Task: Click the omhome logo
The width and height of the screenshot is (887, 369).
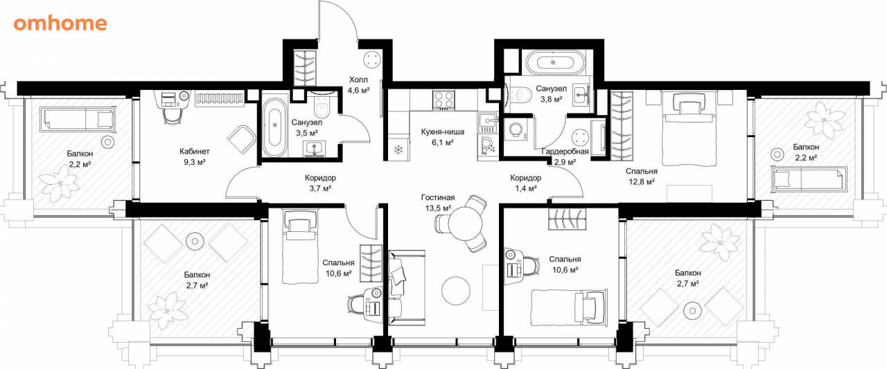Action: click(60, 24)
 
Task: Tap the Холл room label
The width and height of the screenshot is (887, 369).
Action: click(358, 80)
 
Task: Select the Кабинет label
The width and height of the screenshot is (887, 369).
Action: click(195, 151)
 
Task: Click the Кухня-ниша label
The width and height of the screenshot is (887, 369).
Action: click(443, 132)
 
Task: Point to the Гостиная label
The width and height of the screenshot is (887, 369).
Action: click(438, 197)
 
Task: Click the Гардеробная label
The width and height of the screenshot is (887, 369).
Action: click(565, 152)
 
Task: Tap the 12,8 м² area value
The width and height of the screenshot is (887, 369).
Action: click(642, 182)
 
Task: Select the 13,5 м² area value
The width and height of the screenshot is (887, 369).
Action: click(439, 208)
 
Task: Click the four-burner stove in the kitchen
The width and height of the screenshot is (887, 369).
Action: click(443, 100)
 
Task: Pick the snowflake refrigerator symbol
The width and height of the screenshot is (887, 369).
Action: click(398, 150)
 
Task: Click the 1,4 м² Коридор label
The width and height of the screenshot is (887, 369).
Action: click(525, 183)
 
